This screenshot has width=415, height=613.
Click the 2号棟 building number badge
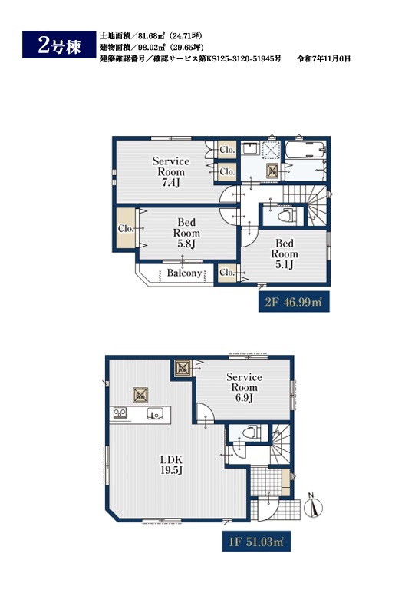59,45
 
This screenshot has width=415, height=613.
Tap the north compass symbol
314,506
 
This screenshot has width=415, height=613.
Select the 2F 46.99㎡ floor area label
294,302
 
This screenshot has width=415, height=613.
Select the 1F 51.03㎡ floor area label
256,542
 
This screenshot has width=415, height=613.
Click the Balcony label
184,273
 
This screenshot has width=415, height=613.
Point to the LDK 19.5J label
171,465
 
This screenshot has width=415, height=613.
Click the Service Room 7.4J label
171,171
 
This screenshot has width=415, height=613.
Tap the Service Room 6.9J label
244,387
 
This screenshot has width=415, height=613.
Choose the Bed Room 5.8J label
186,233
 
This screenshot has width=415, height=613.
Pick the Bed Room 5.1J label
285,253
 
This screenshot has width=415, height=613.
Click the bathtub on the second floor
305,150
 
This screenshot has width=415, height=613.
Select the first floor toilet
250,432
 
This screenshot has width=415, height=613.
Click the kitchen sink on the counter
155,413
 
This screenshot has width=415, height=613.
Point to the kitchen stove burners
120,413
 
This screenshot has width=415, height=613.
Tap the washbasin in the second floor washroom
249,148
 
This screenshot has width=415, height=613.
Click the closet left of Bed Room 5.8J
126,228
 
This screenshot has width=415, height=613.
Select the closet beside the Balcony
227,273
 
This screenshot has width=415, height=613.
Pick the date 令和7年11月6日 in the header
324,58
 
